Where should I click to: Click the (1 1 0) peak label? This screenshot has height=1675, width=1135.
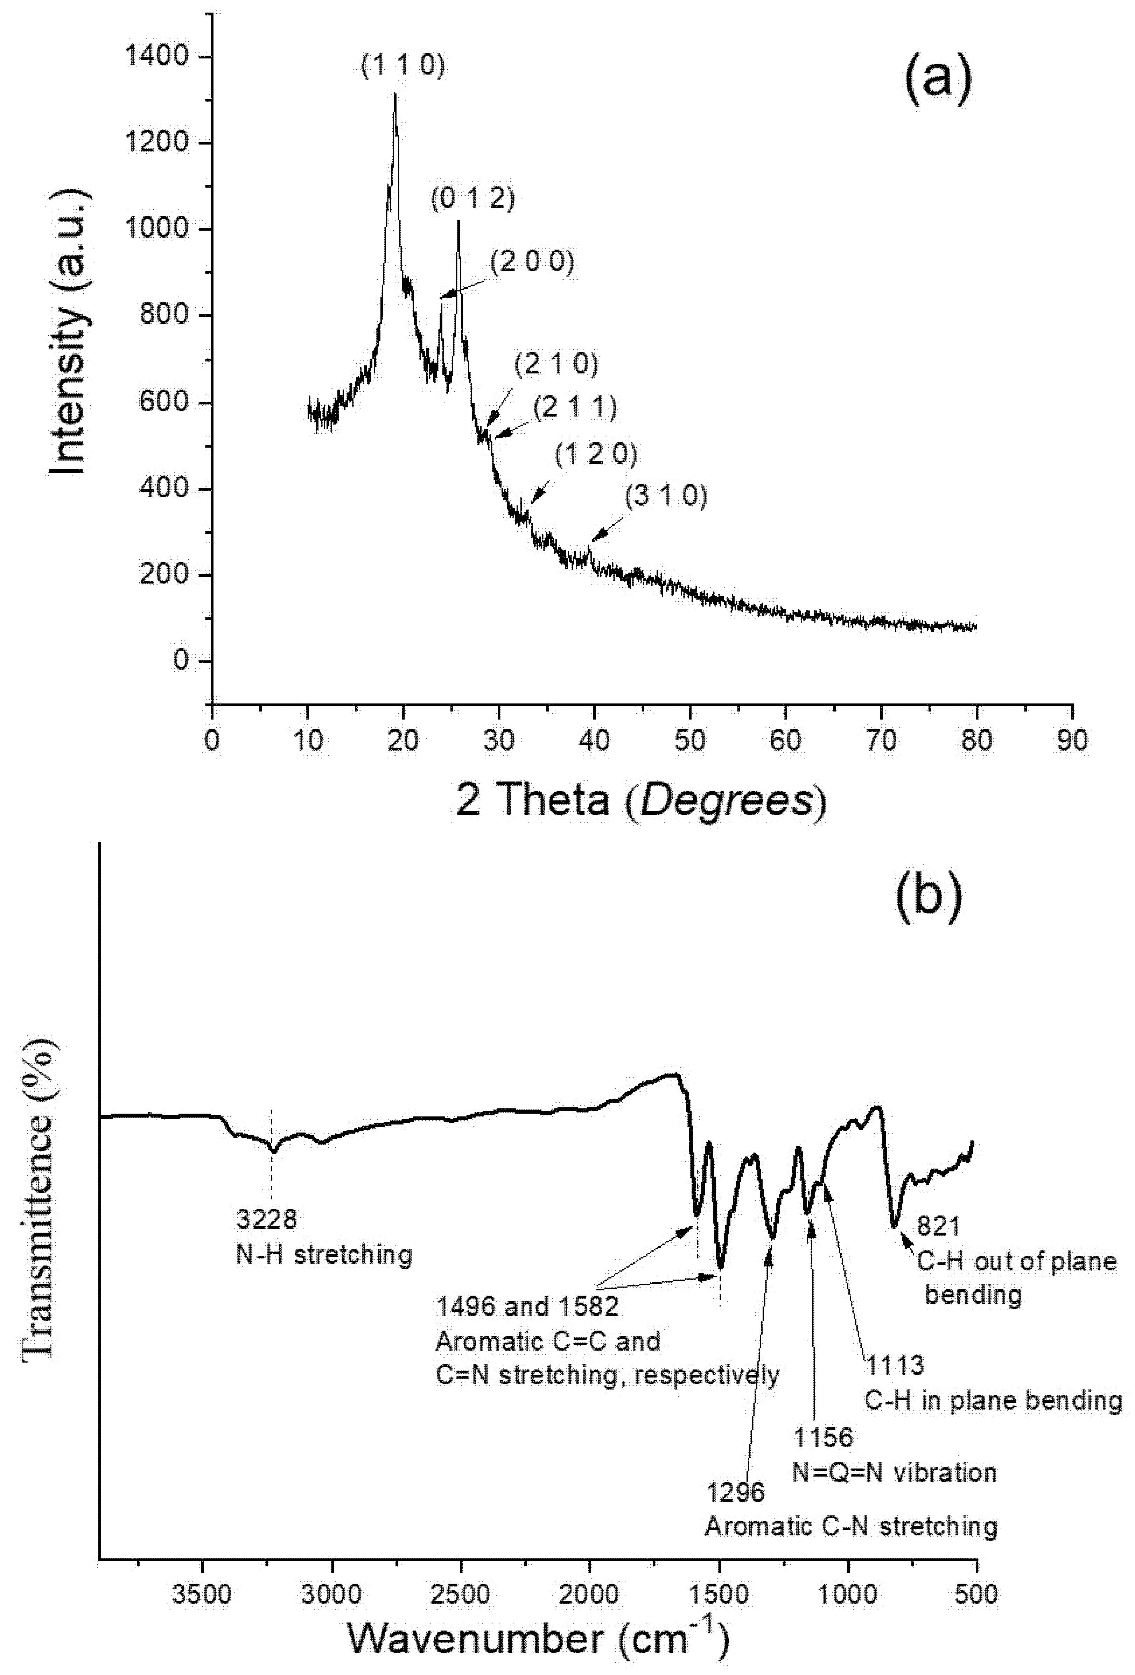click(x=403, y=66)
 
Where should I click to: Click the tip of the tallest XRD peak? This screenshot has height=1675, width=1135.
click(x=395, y=94)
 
